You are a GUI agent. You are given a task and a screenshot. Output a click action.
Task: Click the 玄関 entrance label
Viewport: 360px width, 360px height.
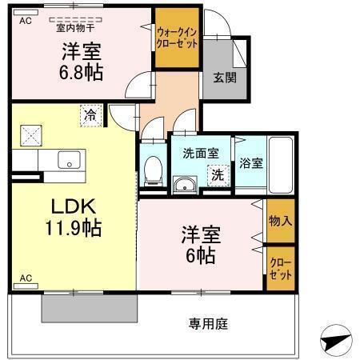tap(224, 78)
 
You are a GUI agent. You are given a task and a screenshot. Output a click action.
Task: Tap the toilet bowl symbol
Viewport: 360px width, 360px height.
tap(152, 170)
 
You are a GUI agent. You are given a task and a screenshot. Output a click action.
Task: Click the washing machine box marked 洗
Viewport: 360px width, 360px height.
tap(218, 174)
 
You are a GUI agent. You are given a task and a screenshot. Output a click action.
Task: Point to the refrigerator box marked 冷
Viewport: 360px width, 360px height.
tap(92, 115)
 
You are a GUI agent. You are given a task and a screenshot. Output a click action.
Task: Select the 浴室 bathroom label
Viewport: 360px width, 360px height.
tap(250, 163)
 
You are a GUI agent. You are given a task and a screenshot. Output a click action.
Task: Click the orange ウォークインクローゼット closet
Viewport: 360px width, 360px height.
tap(177, 38)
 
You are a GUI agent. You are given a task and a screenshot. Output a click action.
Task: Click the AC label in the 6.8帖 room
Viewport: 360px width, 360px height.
tap(25, 21)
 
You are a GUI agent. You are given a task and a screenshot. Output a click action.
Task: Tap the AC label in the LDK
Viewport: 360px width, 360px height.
tap(25, 278)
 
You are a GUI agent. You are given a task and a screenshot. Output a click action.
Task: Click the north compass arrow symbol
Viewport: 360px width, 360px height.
tap(336, 342)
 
